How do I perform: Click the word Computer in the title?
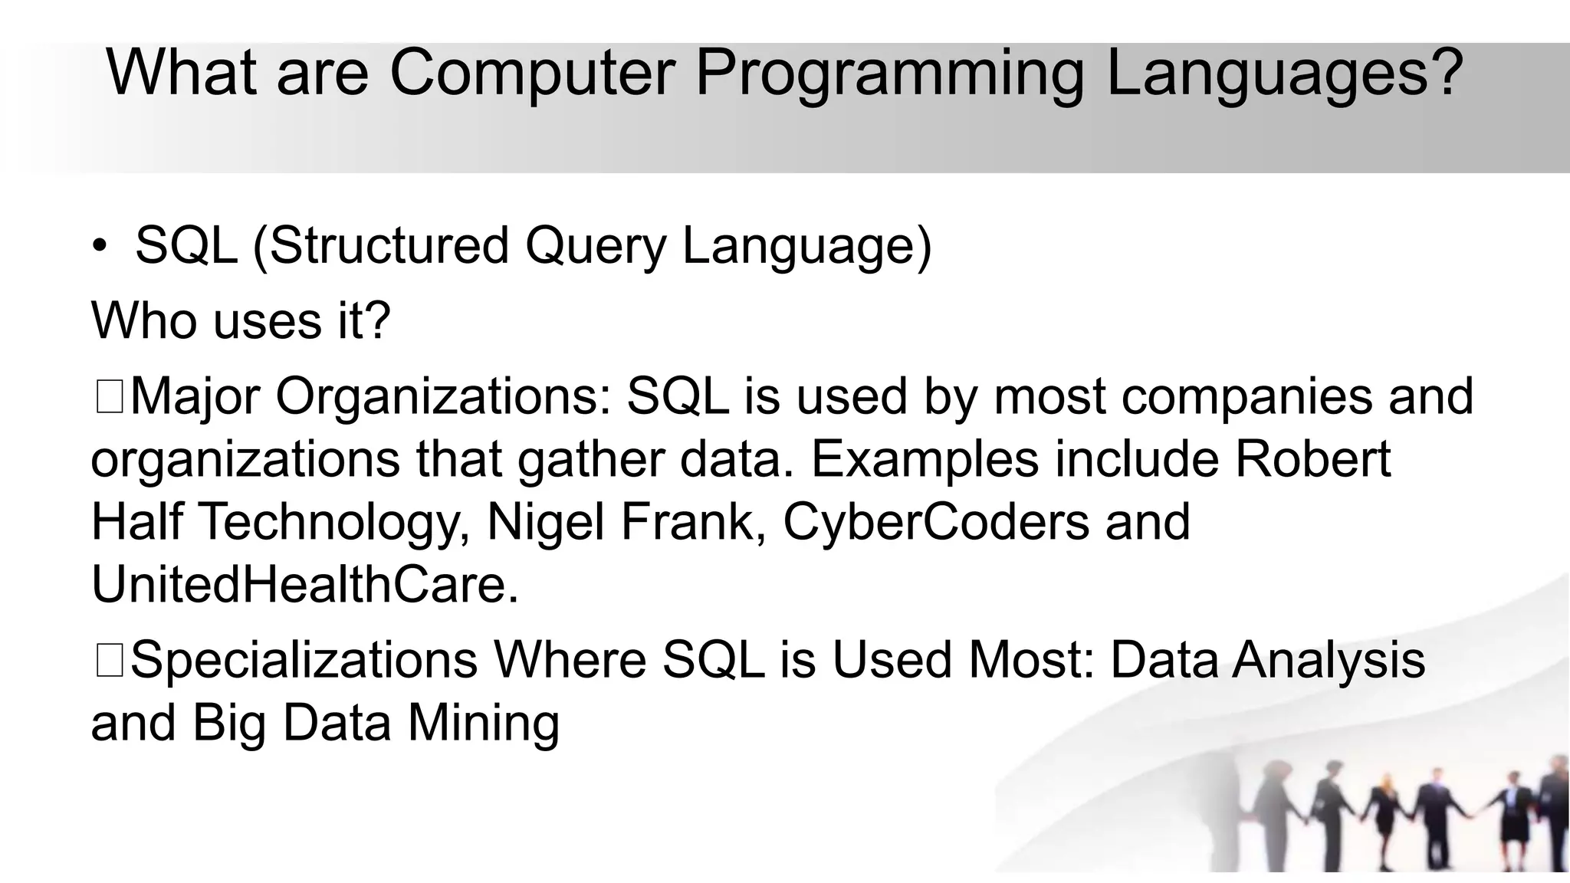(x=532, y=73)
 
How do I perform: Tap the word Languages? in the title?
(x=1284, y=73)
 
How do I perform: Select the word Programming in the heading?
(x=889, y=73)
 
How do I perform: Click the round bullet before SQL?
(x=100, y=247)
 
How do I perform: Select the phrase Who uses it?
(x=241, y=320)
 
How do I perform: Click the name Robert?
(x=1312, y=459)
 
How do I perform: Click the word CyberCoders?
(x=936, y=522)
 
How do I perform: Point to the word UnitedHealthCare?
(x=304, y=585)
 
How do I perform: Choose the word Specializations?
(x=304, y=661)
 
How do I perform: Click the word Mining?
(x=483, y=724)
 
